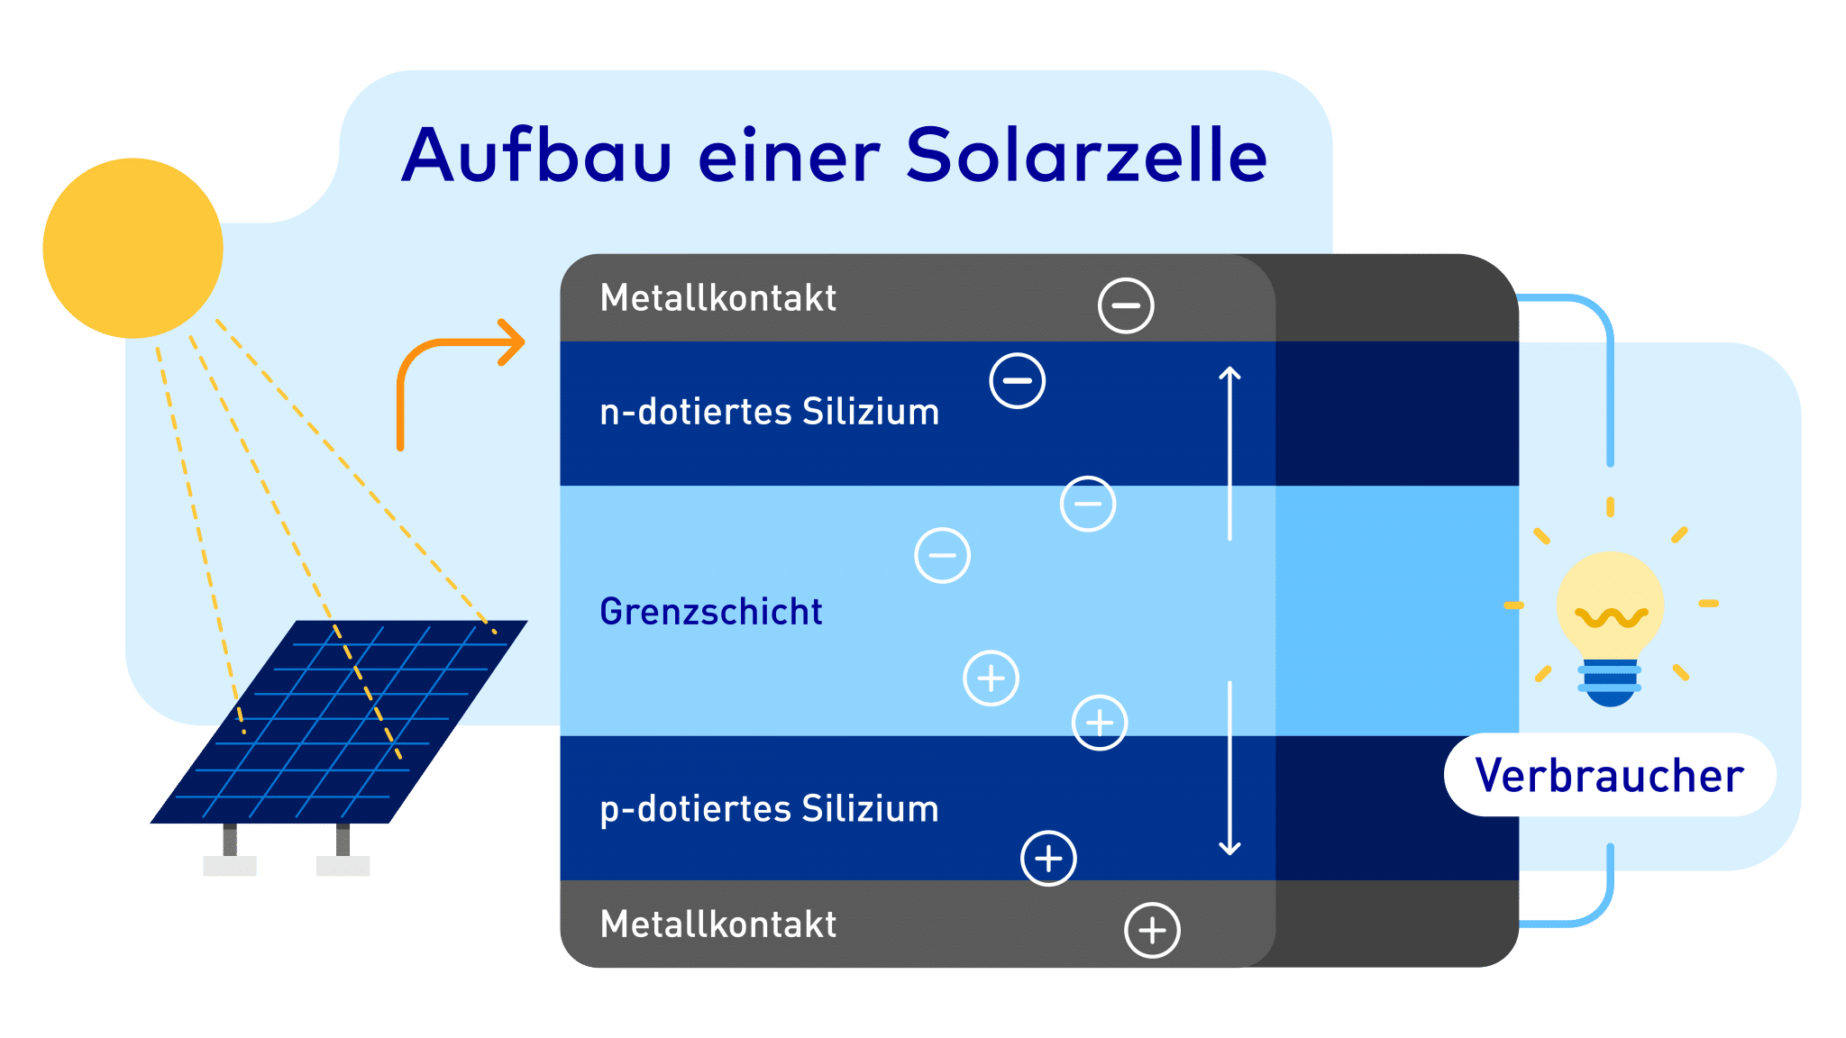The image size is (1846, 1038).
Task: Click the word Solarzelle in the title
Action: [x=1086, y=155]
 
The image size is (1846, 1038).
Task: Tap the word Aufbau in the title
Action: [x=537, y=155]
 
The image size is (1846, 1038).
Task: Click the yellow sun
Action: [x=133, y=248]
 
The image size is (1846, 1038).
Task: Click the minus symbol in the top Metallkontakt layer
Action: [x=1126, y=305]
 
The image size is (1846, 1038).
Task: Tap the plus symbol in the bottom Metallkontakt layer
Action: [x=1152, y=930]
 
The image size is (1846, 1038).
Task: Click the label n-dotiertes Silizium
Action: [x=770, y=412]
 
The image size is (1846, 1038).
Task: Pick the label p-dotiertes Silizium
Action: [x=770, y=809]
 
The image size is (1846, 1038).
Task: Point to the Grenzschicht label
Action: [x=711, y=612]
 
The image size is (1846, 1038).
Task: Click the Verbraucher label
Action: [x=1610, y=776]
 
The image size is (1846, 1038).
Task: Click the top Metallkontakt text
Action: [x=718, y=298]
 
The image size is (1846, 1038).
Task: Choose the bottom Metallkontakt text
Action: [x=718, y=924]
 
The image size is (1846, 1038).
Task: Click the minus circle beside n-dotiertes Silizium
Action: [x=1017, y=380]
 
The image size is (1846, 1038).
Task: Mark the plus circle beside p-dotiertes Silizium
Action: [x=1048, y=858]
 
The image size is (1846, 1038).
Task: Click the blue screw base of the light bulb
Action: [x=1610, y=684]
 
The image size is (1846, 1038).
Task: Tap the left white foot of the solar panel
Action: [x=230, y=866]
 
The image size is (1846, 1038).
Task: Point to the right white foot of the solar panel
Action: [x=343, y=866]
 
